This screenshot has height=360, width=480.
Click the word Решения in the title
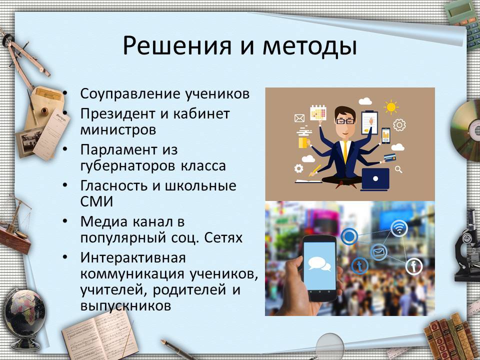pos(177,46)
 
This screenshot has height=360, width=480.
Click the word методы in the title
pos(309,46)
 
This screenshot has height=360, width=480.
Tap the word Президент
pos(118,114)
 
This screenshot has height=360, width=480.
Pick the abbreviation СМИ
pos(96,201)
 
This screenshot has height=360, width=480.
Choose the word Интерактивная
pos(133,257)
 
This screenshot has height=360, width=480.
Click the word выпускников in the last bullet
pos(125,306)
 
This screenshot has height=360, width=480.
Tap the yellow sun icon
pos(391,107)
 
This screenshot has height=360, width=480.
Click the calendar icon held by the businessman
pos(318,112)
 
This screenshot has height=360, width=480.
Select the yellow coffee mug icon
pos(303,142)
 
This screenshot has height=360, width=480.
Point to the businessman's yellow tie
pos(345,152)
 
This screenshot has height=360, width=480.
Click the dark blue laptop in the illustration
pos(375,179)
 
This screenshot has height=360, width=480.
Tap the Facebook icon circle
pos(414,266)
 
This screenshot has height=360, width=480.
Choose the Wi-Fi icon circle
pos(399,228)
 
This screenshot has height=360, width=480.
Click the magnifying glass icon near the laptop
pos(398,169)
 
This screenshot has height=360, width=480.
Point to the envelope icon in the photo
pos(378,252)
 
